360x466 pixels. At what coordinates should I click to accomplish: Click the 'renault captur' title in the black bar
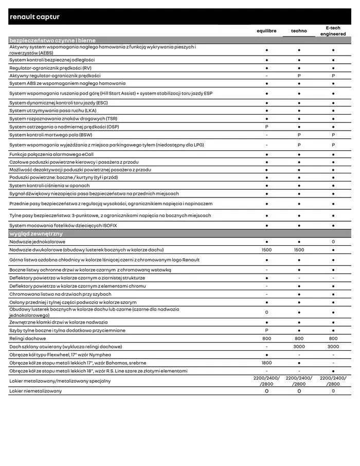[34, 17]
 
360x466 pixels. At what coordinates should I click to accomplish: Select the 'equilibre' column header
[266, 31]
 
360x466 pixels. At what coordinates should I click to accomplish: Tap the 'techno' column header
[299, 31]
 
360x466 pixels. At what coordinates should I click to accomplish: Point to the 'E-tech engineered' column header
[333, 31]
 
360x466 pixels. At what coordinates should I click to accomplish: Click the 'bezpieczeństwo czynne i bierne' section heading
[52, 40]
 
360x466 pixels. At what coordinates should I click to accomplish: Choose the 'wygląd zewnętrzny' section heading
[36, 234]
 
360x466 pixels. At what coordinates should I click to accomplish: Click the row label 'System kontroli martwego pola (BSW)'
[51, 135]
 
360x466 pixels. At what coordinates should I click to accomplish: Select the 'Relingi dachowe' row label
[28, 338]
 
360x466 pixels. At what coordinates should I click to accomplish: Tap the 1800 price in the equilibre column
[266, 363]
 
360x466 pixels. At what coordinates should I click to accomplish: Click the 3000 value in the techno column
[299, 347]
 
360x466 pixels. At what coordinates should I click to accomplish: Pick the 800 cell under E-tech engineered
[333, 338]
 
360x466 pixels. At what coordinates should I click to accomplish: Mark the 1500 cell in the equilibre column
[266, 249]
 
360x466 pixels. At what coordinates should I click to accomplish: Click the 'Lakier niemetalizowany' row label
[35, 391]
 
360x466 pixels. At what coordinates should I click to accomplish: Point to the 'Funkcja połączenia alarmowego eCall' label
[51, 154]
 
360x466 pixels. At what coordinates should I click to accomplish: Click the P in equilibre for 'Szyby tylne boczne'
[266, 330]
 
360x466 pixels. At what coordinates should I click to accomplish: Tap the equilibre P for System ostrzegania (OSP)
[266, 127]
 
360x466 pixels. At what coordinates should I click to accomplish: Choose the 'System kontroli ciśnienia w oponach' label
[49, 186]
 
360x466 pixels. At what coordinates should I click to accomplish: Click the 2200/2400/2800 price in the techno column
[299, 381]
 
